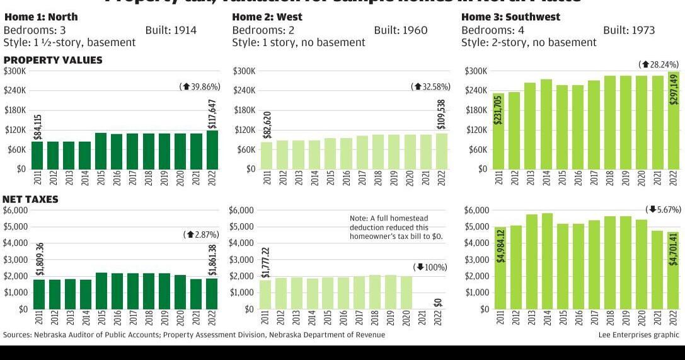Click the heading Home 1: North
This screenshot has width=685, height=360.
coord(41,17)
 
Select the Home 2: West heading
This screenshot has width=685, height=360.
coord(267,17)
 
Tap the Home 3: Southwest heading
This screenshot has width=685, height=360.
coord(510,17)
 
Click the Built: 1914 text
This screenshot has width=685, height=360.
coord(171,30)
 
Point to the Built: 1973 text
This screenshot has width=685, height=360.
coord(628,30)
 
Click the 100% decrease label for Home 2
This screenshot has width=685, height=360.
coord(430,267)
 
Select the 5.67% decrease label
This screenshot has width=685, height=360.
coord(663,209)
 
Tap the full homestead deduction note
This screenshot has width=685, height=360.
coord(396,227)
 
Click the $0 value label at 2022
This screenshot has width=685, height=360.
coord(438,302)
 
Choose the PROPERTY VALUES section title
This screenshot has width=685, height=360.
coord(53,60)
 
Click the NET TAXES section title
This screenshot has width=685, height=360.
coord(30,199)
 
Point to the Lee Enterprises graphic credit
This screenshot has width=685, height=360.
coord(638,335)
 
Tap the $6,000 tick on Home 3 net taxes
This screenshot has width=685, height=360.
coord(476,211)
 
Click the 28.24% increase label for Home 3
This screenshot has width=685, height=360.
coord(659,64)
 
